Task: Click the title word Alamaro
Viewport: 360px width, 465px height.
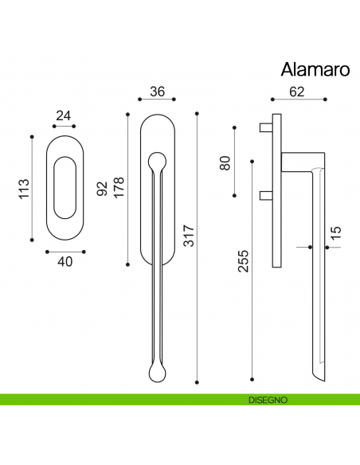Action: click(315, 69)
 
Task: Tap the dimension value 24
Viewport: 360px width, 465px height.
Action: click(64, 116)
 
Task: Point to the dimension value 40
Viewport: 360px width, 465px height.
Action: click(64, 260)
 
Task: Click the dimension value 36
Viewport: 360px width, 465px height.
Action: click(157, 92)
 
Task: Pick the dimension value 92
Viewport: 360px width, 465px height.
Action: click(102, 190)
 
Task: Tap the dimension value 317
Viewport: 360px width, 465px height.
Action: click(189, 236)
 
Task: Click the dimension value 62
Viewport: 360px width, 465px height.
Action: click(297, 92)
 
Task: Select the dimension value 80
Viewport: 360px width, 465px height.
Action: click(225, 162)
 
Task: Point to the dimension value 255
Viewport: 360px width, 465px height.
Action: click(243, 262)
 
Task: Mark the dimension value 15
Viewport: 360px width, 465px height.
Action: click(335, 233)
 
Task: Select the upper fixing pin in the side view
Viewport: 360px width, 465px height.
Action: click(266, 127)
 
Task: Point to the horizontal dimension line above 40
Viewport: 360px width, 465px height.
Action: click(64, 249)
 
